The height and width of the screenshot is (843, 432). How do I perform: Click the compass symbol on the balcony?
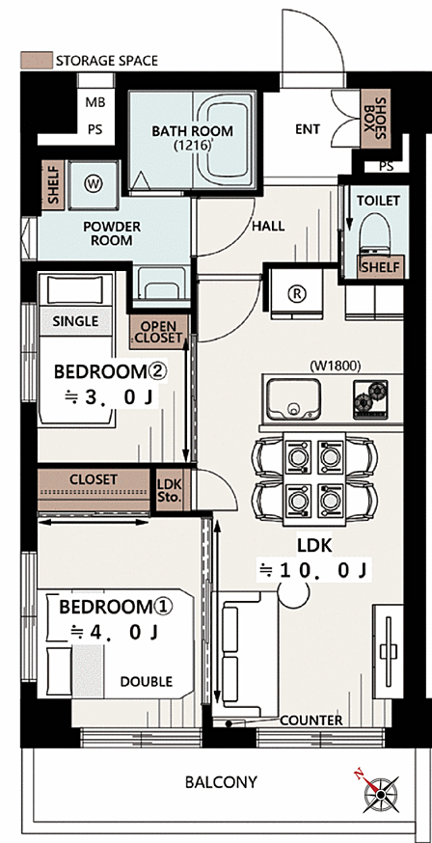click(381, 794)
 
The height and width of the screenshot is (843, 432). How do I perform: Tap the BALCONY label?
click(221, 781)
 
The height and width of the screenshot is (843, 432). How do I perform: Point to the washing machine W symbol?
click(93, 184)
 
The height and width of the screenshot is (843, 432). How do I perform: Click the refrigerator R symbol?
click(294, 293)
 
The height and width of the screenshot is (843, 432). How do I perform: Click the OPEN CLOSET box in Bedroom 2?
click(158, 332)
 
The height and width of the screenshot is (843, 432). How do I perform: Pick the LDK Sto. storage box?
click(170, 489)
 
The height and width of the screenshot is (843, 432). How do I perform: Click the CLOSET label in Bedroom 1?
click(93, 479)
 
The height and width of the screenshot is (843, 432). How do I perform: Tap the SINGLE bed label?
click(76, 321)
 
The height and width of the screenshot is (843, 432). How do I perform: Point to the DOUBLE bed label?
click(147, 682)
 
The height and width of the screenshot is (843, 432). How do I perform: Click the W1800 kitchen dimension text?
click(335, 366)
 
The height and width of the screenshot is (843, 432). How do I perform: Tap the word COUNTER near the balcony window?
click(311, 720)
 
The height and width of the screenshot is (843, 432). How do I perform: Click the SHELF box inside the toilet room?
click(381, 266)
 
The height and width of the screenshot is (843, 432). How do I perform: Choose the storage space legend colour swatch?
click(37, 60)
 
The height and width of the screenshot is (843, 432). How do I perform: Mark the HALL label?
click(268, 227)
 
